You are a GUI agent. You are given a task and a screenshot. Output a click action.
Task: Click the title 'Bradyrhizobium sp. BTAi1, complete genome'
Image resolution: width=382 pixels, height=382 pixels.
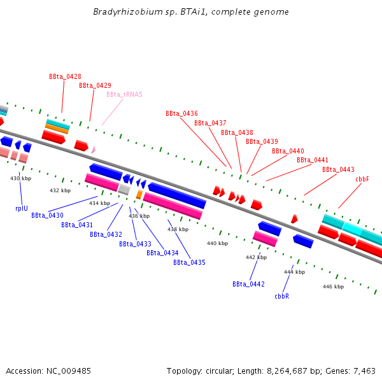point(190,12)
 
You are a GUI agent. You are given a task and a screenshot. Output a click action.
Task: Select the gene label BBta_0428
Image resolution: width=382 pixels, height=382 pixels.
point(65,76)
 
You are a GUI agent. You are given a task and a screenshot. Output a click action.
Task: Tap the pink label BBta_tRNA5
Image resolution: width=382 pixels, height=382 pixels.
point(124,94)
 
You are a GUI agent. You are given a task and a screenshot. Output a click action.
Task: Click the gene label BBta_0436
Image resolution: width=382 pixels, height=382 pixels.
point(181,113)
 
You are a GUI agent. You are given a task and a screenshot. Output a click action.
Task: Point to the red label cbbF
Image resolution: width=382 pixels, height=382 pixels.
point(362,179)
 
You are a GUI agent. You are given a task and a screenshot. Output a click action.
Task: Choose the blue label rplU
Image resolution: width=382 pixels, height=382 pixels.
point(22,208)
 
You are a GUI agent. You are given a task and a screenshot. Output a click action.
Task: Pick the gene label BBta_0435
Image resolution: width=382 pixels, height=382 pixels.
point(189,262)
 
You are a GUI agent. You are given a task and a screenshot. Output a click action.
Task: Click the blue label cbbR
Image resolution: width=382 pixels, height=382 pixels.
point(281,296)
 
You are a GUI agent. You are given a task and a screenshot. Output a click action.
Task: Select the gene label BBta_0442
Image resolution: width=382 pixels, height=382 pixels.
point(248,284)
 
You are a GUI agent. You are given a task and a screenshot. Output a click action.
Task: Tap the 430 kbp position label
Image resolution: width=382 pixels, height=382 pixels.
point(21,179)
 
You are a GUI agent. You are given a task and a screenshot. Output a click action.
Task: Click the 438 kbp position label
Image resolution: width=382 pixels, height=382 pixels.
point(178,229)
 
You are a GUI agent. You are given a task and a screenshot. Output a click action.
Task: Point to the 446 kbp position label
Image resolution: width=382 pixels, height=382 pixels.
point(333,286)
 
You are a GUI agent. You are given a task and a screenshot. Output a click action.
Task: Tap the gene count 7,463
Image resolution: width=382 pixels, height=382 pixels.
point(364,371)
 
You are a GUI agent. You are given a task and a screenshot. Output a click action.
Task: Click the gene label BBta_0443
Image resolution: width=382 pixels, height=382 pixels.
point(338,169)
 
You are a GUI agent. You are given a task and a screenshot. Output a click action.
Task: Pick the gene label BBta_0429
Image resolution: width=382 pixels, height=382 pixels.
point(95,85)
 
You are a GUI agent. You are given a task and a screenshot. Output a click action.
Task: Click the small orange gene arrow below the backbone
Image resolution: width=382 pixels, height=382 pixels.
point(139,194)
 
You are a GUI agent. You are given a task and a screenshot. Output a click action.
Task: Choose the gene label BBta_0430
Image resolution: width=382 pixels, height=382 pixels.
point(47,215)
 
